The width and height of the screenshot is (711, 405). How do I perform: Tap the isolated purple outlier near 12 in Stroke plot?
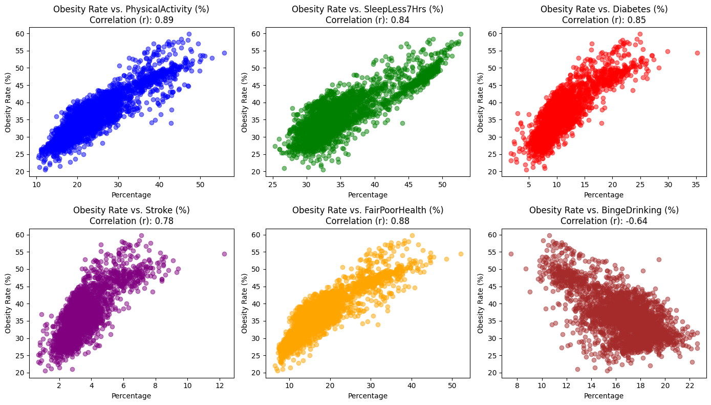[x=224, y=254]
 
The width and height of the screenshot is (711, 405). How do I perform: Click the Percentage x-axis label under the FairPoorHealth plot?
[x=368, y=396]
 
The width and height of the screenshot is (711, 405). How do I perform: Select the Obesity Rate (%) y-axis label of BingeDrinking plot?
[x=481, y=302]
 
